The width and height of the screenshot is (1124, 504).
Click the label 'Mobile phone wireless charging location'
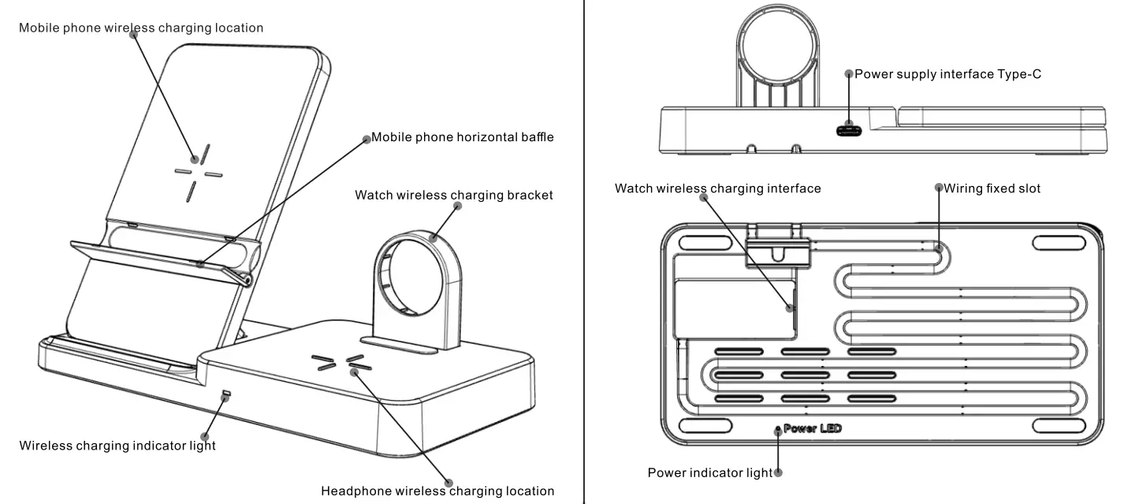[x=141, y=28]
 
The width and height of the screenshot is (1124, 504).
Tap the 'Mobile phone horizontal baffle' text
[x=463, y=137]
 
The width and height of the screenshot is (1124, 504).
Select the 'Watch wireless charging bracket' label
[x=454, y=195]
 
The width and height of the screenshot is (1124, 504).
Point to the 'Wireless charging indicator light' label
[x=117, y=446]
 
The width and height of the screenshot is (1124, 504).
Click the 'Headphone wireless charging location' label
[x=437, y=491]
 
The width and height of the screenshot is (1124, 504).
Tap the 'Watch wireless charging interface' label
[x=717, y=189]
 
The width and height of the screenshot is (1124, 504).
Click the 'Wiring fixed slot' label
[x=992, y=189]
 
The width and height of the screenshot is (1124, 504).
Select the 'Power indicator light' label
[x=709, y=473]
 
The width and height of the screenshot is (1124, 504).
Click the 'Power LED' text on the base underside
[x=813, y=428]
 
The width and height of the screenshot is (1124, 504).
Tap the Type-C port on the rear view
[x=849, y=130]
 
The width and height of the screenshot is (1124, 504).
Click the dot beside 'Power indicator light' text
[x=779, y=473]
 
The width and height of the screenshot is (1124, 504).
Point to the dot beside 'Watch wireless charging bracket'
[x=457, y=206]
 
